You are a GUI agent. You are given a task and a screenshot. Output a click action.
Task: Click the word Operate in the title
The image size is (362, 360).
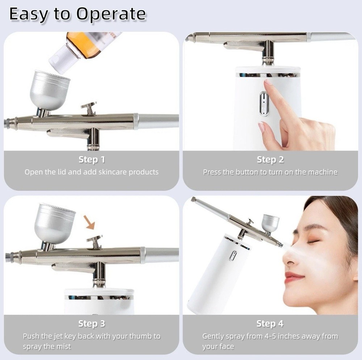click(x=111, y=14)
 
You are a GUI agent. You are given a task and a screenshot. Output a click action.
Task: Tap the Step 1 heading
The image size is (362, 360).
click(x=92, y=159)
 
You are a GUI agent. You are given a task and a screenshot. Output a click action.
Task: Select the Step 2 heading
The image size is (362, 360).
click(x=270, y=159)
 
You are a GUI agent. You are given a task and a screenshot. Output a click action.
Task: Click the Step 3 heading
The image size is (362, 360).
click(x=92, y=323)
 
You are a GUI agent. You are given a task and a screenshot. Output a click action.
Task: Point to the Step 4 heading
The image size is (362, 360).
click(x=270, y=323)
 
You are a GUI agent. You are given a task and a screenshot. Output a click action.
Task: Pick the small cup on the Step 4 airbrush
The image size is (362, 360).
click(x=270, y=222)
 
